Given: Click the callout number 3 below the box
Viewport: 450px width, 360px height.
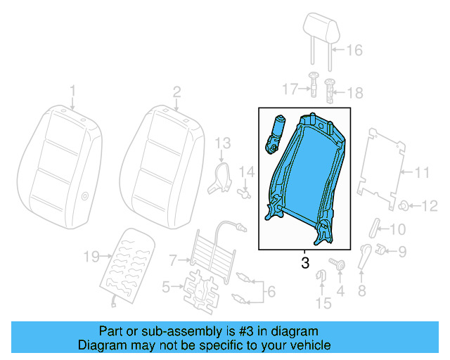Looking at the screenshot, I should pyautogui.click(x=304, y=263).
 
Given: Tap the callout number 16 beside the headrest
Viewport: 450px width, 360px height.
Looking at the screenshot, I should pyautogui.click(x=354, y=50).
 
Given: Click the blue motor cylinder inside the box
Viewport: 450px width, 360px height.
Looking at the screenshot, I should pyautogui.click(x=276, y=133).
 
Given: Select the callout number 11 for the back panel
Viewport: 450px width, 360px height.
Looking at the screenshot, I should pyautogui.click(x=420, y=172).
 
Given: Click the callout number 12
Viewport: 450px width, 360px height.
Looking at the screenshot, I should pyautogui.click(x=428, y=205).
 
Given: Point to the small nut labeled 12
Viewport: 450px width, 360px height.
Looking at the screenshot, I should pyautogui.click(x=406, y=205).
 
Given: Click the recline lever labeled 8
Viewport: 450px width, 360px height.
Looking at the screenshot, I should pyautogui.click(x=364, y=257).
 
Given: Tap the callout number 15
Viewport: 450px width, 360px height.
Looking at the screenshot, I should pyautogui.click(x=323, y=303).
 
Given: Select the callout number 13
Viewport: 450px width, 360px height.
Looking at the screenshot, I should pyautogui.click(x=222, y=143).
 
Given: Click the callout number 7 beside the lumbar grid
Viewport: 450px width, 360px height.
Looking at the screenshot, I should pyautogui.click(x=174, y=261).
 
